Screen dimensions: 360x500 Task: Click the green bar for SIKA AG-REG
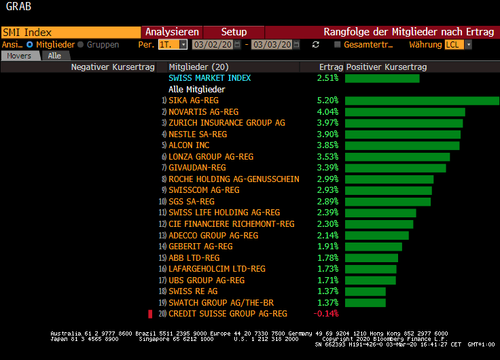[421, 101]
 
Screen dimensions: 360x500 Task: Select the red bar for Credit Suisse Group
[151, 314]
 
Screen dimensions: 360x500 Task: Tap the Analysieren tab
[172, 32]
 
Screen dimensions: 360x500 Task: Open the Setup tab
[234, 32]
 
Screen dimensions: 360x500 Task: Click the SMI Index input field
[70, 32]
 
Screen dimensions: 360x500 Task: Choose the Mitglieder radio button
[30, 44]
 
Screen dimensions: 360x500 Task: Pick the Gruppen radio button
[82, 44]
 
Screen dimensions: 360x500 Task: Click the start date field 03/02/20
[213, 44]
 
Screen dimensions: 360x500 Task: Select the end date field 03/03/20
[271, 44]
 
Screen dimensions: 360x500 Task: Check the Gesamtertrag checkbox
[338, 44]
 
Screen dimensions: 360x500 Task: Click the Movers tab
[20, 56]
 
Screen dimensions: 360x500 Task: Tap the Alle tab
[54, 56]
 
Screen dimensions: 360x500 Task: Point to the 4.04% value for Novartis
[327, 111]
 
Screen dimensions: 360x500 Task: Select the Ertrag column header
[331, 67]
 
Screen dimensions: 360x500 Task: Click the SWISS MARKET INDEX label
[209, 78]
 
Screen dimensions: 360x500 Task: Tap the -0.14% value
[326, 314]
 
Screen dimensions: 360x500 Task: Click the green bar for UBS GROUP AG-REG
[370, 280]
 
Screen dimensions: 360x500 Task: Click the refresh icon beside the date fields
[315, 44]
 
